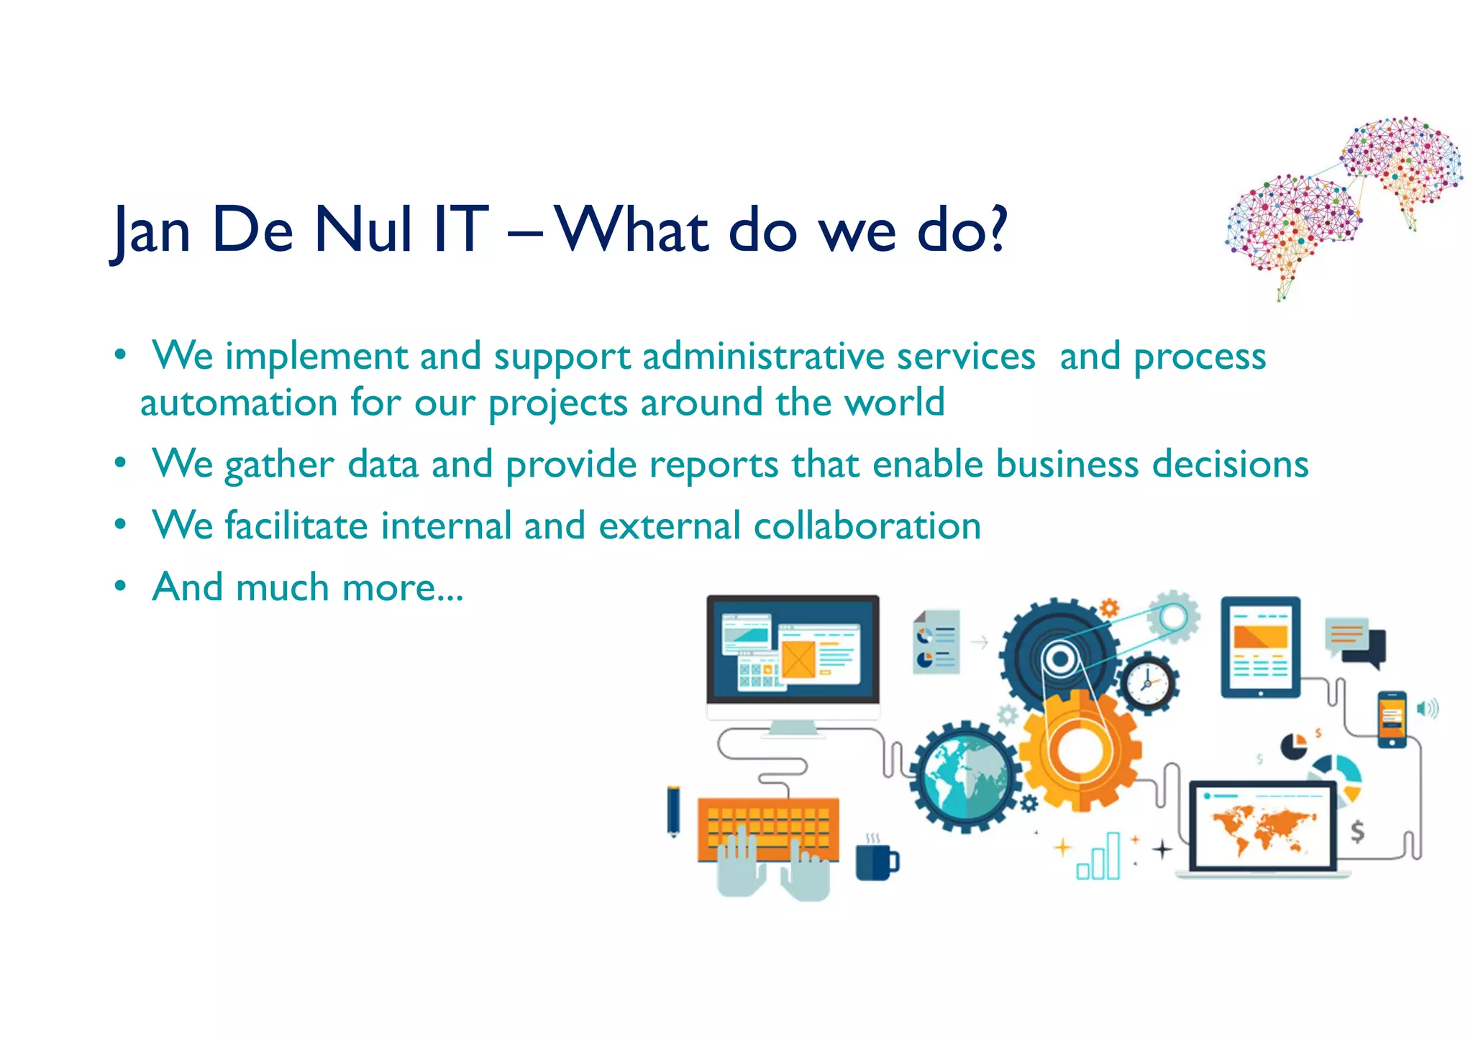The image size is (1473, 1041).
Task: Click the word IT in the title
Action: click(x=461, y=230)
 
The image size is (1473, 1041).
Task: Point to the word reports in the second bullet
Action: click(x=713, y=464)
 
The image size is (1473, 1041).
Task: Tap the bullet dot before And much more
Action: click(x=120, y=586)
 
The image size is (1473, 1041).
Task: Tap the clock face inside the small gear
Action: click(x=1148, y=683)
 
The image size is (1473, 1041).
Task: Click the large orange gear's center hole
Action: click(x=1077, y=751)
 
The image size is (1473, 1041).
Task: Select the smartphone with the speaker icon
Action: click(x=1392, y=719)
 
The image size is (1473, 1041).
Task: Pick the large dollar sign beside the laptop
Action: click(x=1356, y=831)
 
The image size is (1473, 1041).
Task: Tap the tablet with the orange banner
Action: click(x=1260, y=647)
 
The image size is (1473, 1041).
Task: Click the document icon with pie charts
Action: click(x=936, y=641)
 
